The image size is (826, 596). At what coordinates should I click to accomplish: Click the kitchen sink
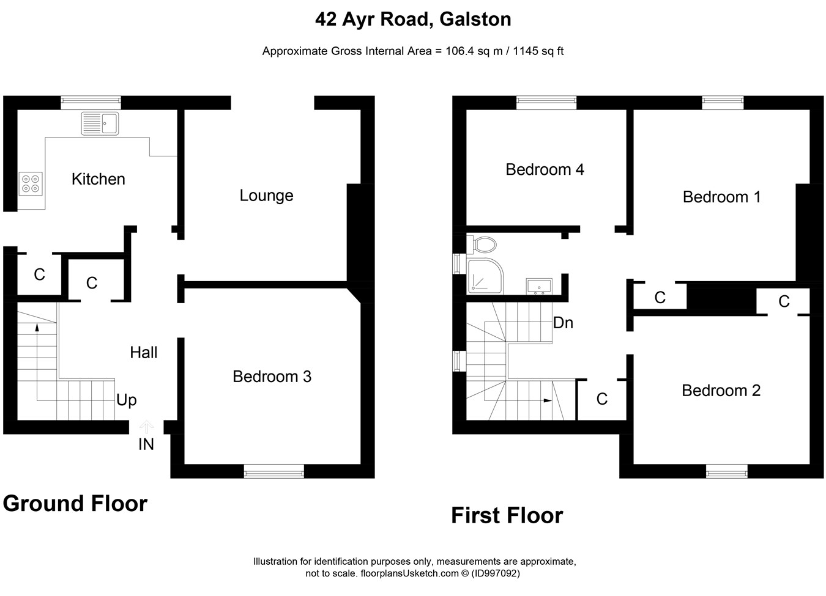[100, 123]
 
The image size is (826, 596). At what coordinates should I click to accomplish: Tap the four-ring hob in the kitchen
[31, 184]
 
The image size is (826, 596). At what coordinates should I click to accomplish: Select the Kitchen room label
[99, 179]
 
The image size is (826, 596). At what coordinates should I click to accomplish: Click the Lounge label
[266, 196]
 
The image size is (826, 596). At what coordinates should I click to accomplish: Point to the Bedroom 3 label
[272, 377]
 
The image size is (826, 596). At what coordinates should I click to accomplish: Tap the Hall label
[143, 353]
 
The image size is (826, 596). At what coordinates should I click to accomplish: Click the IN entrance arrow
[146, 427]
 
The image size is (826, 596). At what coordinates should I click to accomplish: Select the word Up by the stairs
[127, 400]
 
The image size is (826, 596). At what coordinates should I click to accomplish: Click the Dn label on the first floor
[563, 323]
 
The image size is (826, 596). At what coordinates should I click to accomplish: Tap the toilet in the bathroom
[482, 245]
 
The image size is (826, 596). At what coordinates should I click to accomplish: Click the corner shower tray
[485, 276]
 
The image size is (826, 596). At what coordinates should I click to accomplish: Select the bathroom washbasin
[539, 287]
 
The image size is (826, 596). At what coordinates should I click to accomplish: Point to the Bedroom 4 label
[545, 170]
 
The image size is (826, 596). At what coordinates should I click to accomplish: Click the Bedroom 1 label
[721, 197]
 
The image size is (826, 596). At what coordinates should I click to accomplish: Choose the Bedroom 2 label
[721, 391]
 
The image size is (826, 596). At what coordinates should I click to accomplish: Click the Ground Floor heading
[75, 504]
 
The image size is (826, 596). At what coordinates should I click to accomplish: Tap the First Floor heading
[507, 515]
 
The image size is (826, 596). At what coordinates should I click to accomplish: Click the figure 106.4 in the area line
[460, 51]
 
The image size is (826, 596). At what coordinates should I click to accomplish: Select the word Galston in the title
[475, 19]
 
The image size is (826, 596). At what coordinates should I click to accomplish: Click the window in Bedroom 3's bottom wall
[274, 471]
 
